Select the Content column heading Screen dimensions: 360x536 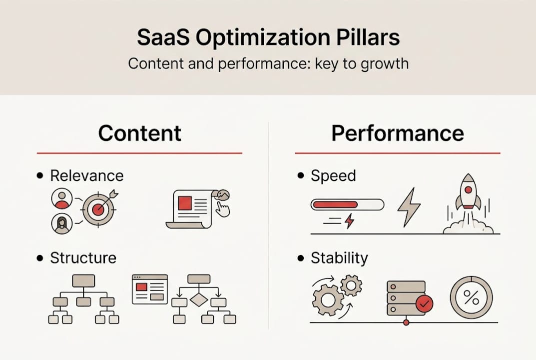139,133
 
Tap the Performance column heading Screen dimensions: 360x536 397,133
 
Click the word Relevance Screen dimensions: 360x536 86,176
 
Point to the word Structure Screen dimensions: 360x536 83,258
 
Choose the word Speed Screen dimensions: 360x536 333,176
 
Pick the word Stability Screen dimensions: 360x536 339,258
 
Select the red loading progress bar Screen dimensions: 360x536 335,204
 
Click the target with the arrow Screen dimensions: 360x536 98,209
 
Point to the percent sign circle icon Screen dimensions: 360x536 471,297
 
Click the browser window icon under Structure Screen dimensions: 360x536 149,289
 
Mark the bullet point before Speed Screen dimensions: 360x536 301,176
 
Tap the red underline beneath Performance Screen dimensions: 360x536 397,153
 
